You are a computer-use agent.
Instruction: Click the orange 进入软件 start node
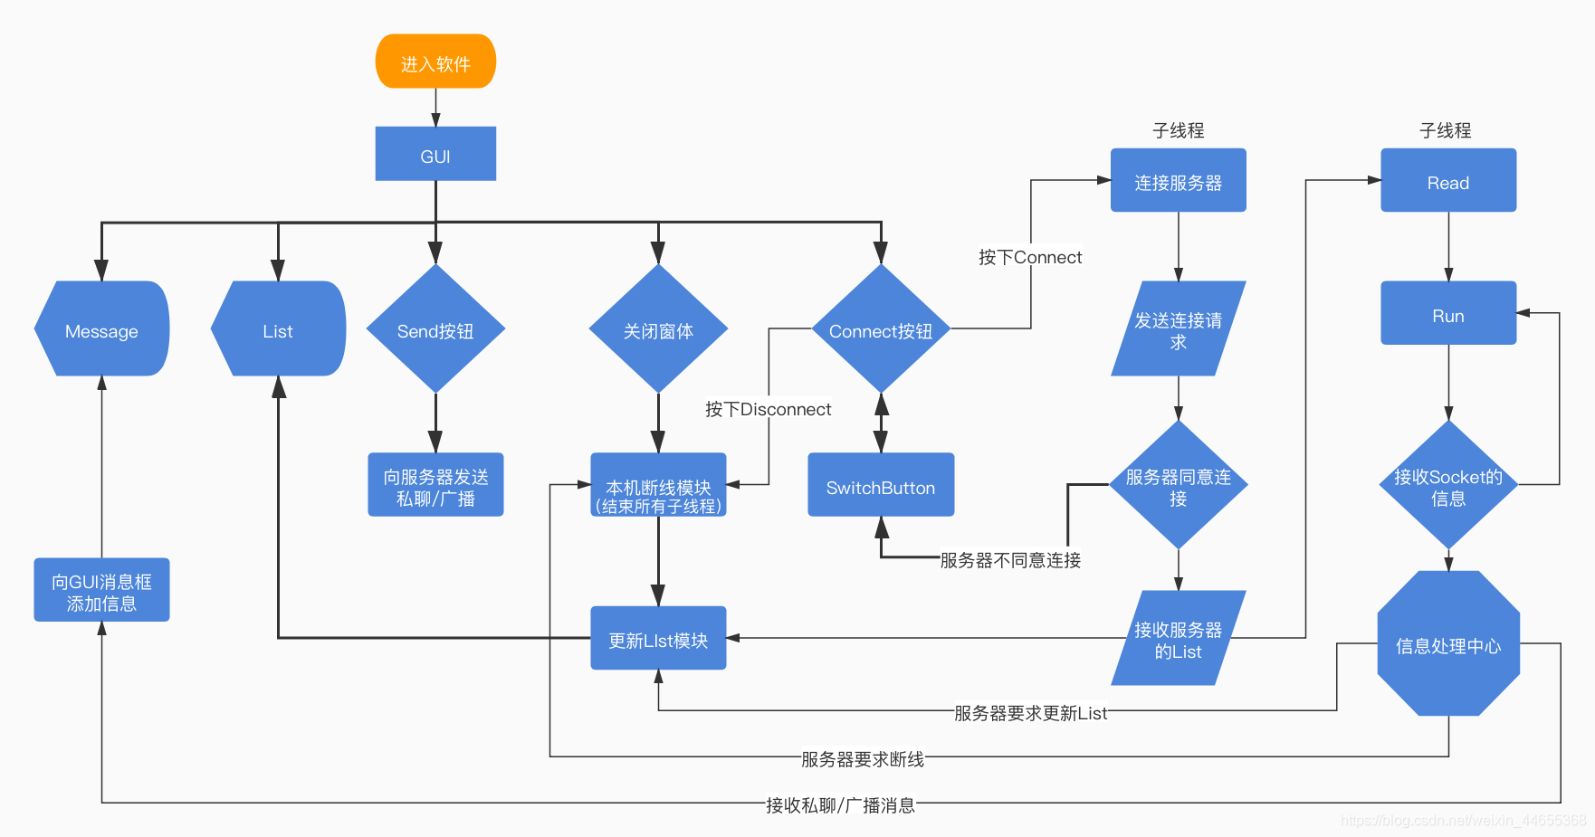tap(435, 62)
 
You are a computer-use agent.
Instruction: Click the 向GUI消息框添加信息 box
tap(101, 590)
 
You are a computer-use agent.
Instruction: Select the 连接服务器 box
tap(1178, 180)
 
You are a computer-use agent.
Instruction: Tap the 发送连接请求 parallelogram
tap(1178, 329)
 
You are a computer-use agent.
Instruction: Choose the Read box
tap(1447, 180)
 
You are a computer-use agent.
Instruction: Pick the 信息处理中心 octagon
tap(1447, 643)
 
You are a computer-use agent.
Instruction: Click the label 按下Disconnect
tap(768, 409)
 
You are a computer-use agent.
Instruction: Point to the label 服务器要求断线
tap(862, 758)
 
